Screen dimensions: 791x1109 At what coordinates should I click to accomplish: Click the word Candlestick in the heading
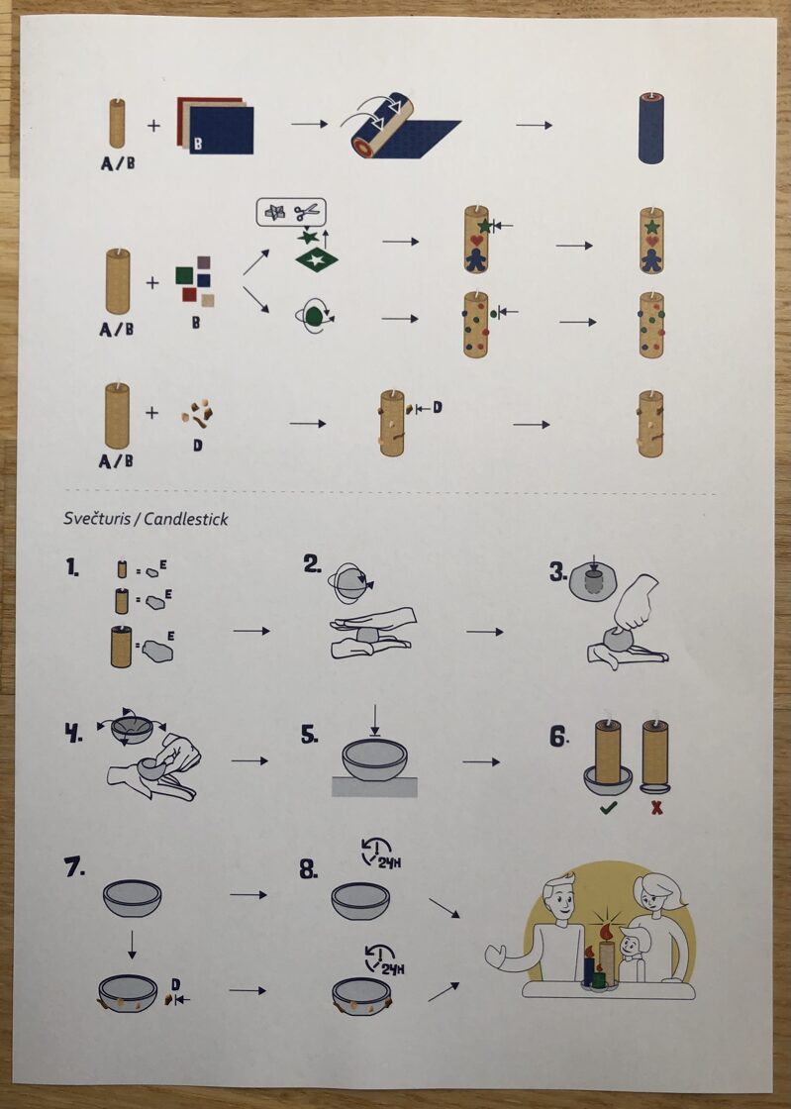[x=186, y=519]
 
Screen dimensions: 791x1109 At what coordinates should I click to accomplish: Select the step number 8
[x=309, y=869]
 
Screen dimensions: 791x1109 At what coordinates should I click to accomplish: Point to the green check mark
[x=608, y=807]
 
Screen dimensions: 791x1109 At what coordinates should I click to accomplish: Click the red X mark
[x=656, y=807]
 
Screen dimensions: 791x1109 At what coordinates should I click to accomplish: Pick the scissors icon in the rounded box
[x=307, y=211]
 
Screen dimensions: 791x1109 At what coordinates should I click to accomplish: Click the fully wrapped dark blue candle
[x=651, y=128]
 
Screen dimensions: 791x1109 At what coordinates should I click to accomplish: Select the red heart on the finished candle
[x=651, y=242]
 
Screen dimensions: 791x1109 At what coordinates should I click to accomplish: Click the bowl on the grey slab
[x=374, y=759]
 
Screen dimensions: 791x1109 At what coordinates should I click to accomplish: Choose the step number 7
[x=74, y=866]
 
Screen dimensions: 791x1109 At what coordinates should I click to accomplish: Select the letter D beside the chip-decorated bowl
[x=176, y=984]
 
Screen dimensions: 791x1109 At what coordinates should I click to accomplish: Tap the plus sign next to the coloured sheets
[x=153, y=126]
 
